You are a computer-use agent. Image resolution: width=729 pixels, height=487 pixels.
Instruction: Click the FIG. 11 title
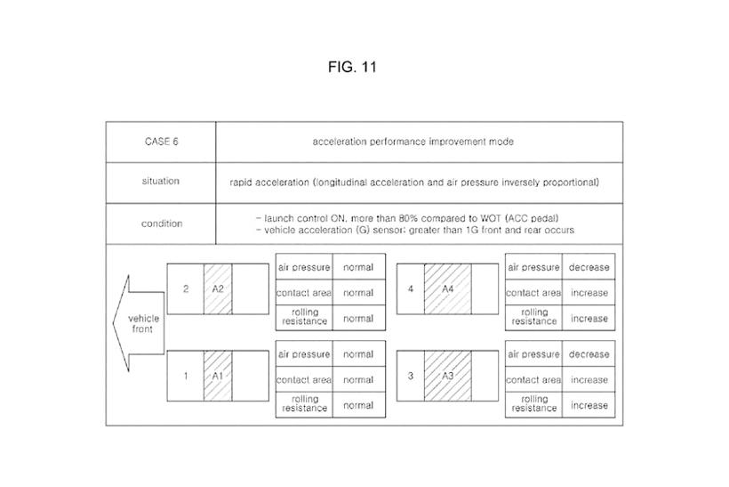352,67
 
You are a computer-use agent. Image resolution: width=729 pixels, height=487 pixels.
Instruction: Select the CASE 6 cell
161,142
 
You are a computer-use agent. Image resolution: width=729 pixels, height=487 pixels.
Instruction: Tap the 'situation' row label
161,181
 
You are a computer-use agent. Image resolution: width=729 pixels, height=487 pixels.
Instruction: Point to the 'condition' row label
162,223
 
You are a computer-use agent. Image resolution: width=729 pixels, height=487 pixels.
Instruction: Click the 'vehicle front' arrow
139,323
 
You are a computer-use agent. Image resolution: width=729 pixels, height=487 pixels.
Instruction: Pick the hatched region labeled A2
218,289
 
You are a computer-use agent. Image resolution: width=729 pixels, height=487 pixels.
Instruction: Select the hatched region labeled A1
218,377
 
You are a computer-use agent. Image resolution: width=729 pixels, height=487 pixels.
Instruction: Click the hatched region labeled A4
447,289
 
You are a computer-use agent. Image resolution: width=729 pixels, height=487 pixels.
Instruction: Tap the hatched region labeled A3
447,377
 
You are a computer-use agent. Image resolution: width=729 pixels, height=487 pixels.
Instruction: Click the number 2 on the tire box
186,288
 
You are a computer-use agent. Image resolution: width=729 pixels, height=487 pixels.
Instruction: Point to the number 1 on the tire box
186,376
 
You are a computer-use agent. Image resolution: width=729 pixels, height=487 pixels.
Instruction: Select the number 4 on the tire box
411,288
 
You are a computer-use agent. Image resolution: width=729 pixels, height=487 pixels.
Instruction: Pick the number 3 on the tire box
411,376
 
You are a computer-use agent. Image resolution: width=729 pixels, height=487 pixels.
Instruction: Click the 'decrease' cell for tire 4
589,267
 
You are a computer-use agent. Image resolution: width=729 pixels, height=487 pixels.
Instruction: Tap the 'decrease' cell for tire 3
589,353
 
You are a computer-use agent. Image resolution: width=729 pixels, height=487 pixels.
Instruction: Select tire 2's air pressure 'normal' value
358,267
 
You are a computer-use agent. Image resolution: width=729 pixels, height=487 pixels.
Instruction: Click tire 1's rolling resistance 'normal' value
358,405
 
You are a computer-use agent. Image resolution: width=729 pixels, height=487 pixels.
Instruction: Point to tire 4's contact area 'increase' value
589,293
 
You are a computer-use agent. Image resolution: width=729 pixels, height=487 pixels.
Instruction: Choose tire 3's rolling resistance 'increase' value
589,405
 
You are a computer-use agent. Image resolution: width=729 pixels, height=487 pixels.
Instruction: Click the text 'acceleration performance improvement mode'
413,142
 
